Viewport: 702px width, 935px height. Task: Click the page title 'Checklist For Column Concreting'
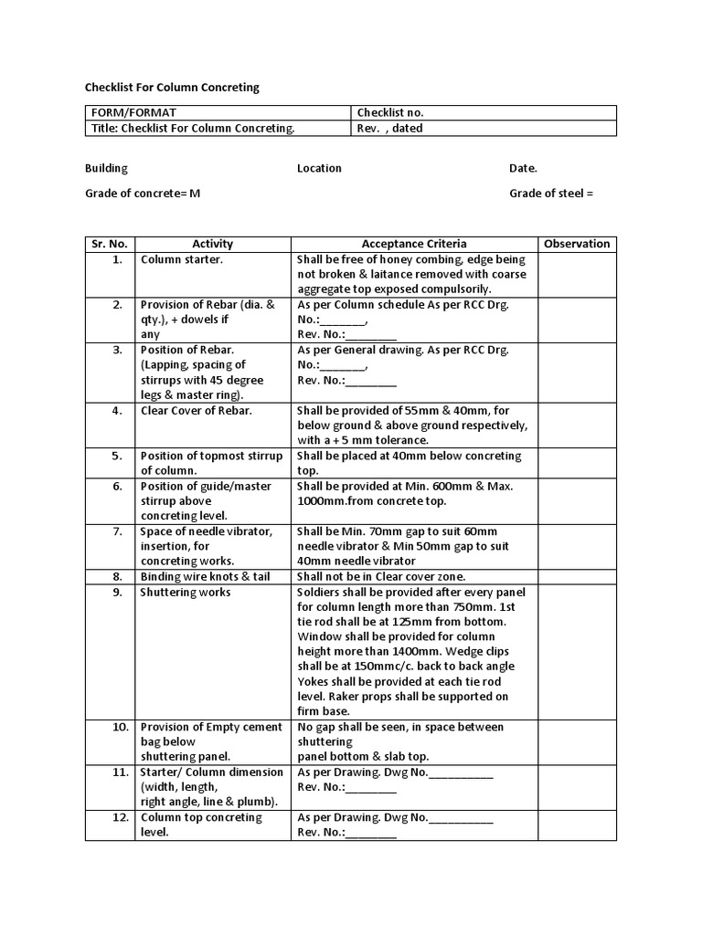click(x=172, y=88)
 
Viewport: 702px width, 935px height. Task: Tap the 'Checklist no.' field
click(x=390, y=113)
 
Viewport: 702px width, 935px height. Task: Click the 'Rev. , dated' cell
click(x=390, y=129)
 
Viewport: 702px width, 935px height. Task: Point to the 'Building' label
click(x=106, y=169)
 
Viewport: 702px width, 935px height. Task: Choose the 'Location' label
click(x=319, y=169)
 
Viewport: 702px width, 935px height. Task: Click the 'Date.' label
click(x=523, y=169)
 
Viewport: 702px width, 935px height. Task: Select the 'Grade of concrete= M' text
click(x=143, y=194)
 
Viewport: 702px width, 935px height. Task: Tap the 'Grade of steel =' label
click(x=551, y=194)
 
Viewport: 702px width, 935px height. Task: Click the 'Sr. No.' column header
click(x=110, y=244)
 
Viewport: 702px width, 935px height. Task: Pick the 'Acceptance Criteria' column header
click(x=414, y=244)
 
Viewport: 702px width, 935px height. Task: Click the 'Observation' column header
click(x=576, y=244)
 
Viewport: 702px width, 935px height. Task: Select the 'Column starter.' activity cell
click(x=181, y=259)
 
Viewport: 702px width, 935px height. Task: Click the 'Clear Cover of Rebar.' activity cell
click(x=196, y=411)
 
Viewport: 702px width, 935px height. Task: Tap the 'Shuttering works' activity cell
click(x=186, y=593)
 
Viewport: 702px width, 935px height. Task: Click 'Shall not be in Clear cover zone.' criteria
click(x=381, y=577)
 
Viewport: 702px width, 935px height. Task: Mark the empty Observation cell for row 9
click(x=576, y=652)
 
